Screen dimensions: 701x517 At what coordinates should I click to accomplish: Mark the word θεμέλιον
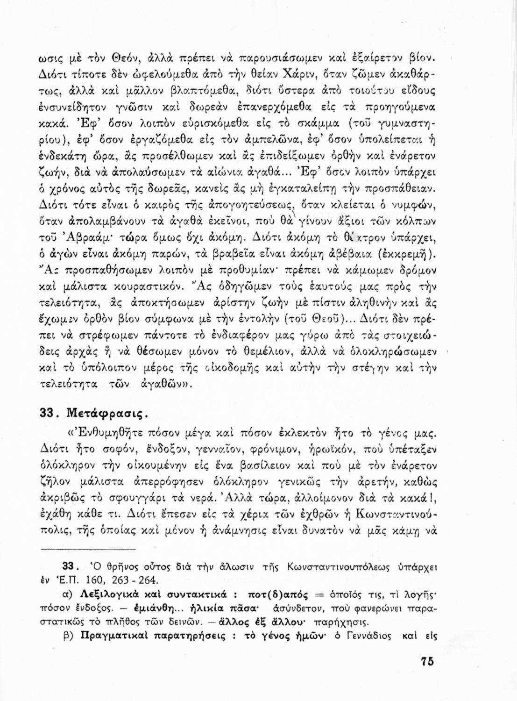point(243,350)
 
